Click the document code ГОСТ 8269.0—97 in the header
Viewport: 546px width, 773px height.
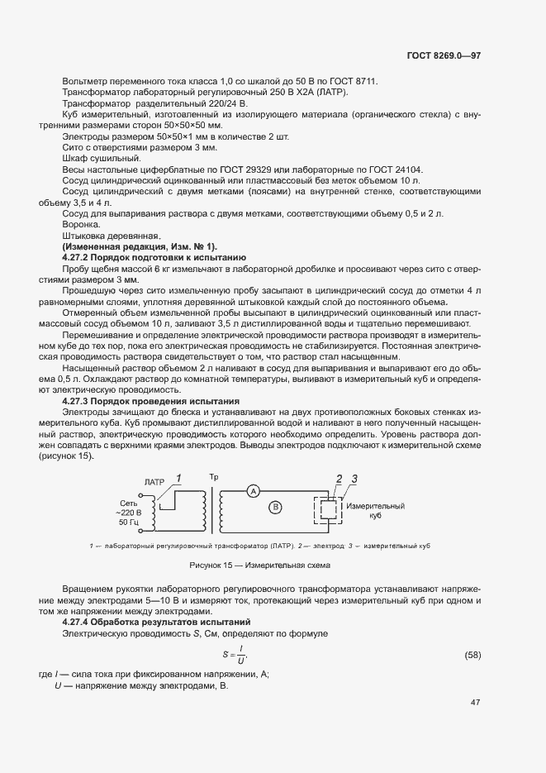(x=444, y=56)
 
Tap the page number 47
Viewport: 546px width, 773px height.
(x=475, y=703)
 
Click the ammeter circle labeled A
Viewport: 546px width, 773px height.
(x=254, y=490)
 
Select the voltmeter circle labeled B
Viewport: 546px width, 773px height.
(x=277, y=506)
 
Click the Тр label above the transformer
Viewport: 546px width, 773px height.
(x=214, y=477)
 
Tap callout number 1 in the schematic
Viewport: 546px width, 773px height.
(x=178, y=477)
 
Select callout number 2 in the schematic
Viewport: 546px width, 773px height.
(x=338, y=478)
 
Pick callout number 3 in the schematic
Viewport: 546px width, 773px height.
(x=354, y=478)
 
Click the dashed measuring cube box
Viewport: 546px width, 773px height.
(x=327, y=510)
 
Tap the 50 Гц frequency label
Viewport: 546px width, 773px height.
(x=130, y=522)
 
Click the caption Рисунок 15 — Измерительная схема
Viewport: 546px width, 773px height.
(x=259, y=565)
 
